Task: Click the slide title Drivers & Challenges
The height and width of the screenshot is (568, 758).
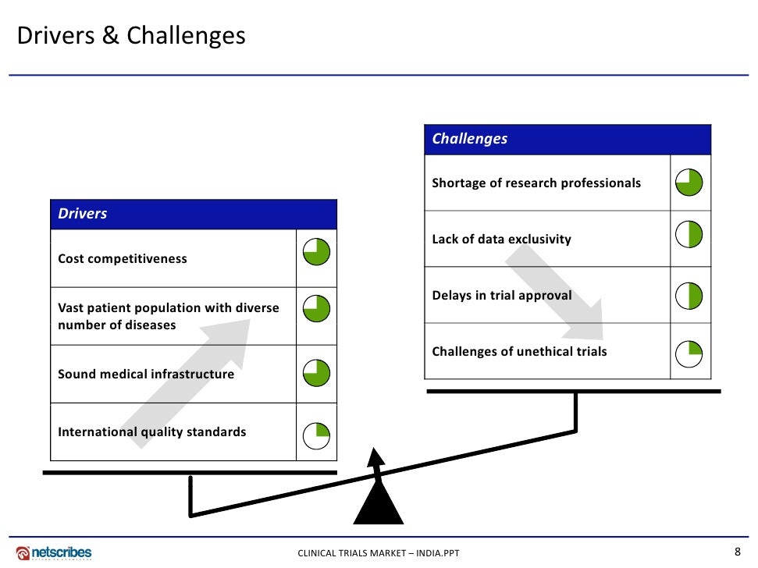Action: click(131, 36)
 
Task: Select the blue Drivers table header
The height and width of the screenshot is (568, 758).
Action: click(194, 214)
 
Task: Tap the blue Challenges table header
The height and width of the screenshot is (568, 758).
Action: click(568, 139)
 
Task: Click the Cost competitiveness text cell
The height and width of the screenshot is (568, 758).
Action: click(123, 258)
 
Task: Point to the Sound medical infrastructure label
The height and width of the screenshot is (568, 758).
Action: click(146, 374)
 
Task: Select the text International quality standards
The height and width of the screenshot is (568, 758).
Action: click(152, 431)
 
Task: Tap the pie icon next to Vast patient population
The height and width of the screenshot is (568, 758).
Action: click(316, 309)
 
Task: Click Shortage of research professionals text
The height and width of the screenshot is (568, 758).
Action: click(536, 183)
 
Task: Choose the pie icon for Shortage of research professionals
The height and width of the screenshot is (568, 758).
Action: click(689, 183)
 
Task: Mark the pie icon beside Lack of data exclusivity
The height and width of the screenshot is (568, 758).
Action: click(689, 235)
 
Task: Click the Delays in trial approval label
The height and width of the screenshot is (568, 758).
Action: click(502, 295)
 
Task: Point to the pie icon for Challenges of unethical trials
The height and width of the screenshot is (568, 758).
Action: click(689, 353)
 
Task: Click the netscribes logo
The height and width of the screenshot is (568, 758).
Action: click(54, 553)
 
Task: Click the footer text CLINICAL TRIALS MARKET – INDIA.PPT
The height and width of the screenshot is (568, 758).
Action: click(379, 554)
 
